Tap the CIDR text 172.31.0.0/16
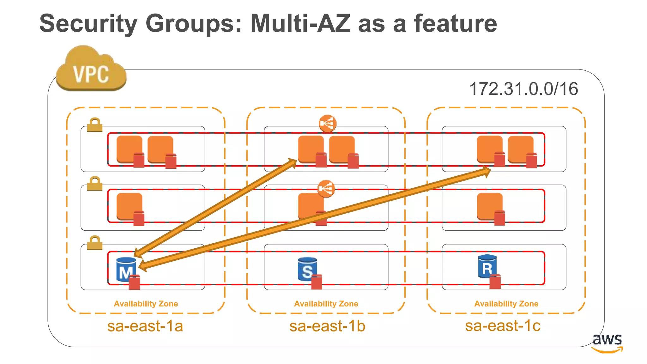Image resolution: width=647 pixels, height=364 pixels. (x=523, y=89)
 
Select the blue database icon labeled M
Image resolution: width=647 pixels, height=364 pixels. (x=126, y=270)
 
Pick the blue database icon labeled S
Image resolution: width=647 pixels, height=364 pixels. (x=307, y=269)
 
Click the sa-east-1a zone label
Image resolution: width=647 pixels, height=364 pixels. (x=145, y=326)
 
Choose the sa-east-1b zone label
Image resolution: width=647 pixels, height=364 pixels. (x=327, y=326)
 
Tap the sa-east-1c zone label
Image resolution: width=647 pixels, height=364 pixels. (x=503, y=326)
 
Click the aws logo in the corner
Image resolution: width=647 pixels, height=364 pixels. (x=607, y=343)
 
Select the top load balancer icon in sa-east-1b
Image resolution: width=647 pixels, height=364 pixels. (x=328, y=123)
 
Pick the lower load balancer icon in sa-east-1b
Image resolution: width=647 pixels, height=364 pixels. (x=326, y=189)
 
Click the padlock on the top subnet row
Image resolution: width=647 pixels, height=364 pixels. (x=95, y=125)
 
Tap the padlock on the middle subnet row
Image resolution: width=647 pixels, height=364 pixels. (x=95, y=184)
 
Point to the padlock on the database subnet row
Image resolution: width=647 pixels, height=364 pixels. (x=95, y=243)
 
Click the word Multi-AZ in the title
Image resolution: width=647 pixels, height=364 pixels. (x=300, y=23)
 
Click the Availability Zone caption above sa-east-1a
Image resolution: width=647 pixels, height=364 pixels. (x=146, y=304)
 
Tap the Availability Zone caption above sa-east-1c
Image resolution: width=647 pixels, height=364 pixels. (x=506, y=304)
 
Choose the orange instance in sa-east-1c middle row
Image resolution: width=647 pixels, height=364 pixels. (x=489, y=206)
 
